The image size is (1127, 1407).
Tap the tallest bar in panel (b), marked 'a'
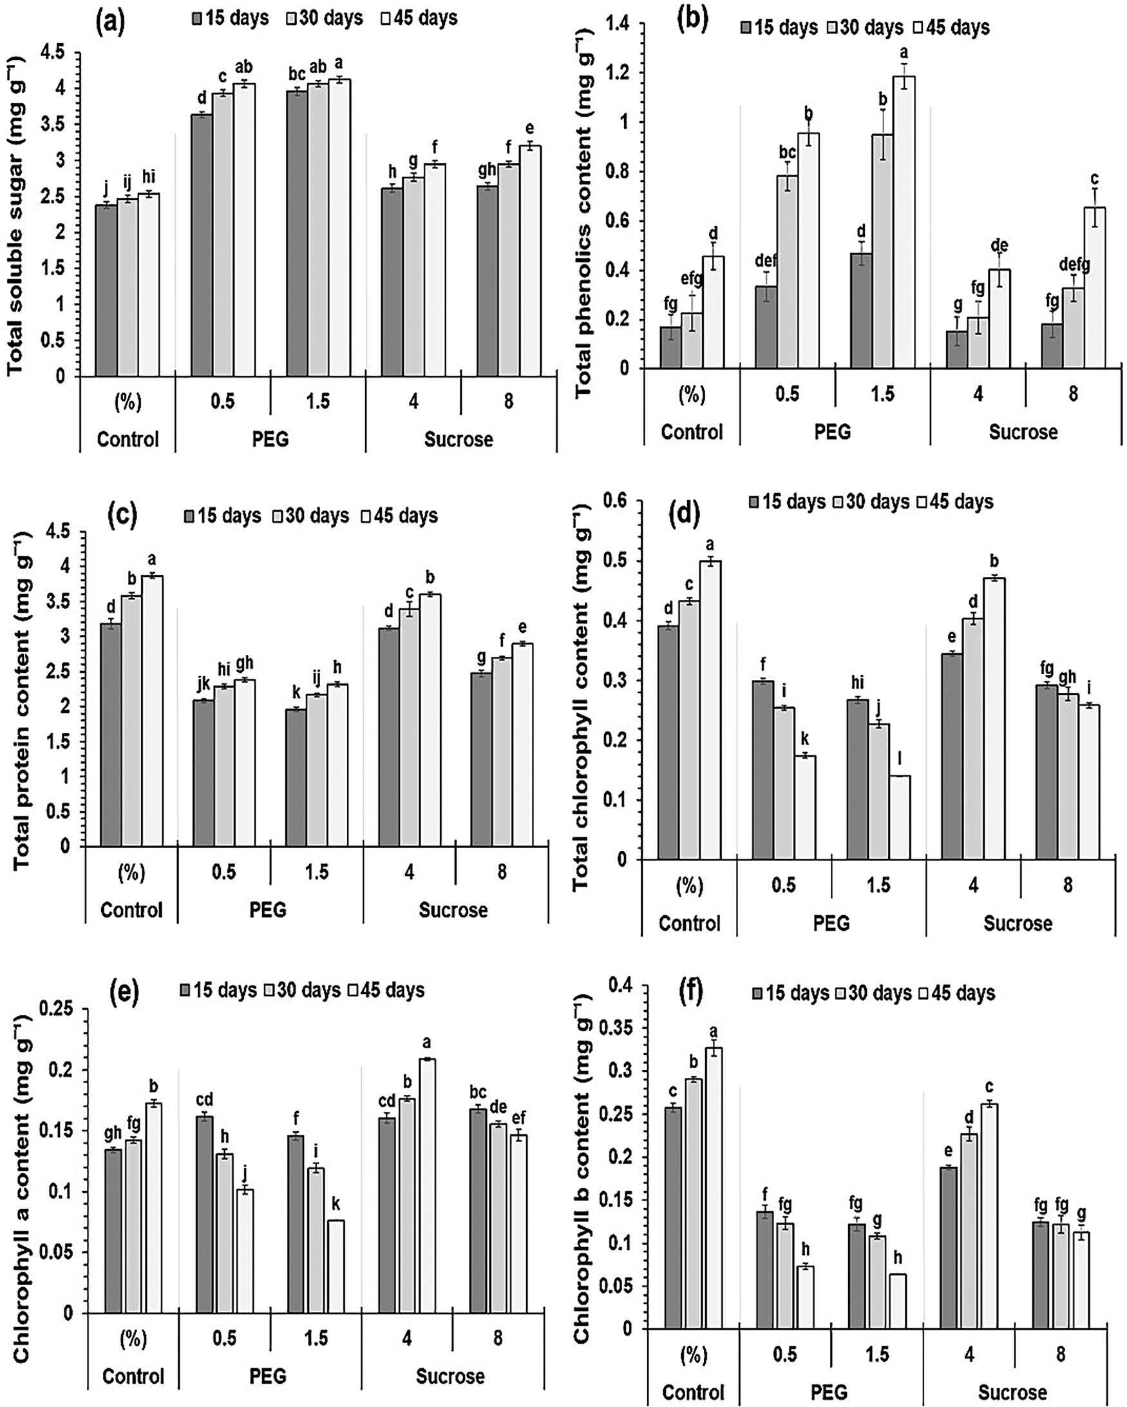point(904,222)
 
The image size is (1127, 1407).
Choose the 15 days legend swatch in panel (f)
point(757,993)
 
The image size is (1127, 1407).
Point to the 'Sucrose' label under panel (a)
point(459,439)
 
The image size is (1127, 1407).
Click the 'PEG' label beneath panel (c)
point(268,909)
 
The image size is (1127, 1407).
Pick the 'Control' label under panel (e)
point(133,1377)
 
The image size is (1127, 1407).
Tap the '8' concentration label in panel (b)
point(1073,394)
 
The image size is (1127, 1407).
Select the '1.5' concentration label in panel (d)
point(878,885)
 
